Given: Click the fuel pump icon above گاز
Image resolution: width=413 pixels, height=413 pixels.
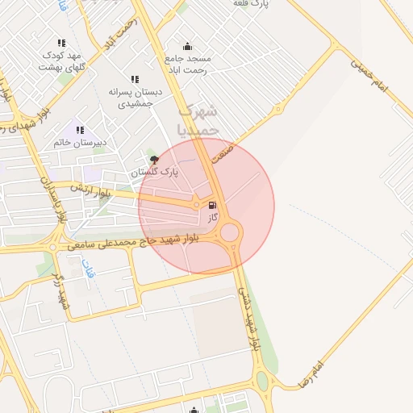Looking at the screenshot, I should [213, 206].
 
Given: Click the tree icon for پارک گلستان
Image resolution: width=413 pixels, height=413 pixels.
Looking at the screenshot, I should [155, 160].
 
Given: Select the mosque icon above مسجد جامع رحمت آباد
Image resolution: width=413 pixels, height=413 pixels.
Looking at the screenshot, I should [188, 47].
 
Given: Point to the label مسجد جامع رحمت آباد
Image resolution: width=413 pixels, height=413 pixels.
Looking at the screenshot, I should [188, 64].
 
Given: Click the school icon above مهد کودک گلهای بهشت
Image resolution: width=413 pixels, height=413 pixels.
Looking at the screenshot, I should [61, 43].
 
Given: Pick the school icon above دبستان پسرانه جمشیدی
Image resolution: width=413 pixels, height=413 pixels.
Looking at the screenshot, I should [135, 80].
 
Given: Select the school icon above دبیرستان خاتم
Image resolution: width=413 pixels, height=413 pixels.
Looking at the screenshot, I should [80, 129].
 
